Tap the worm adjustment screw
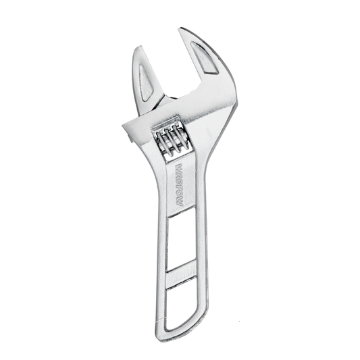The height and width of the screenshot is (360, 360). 170,143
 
